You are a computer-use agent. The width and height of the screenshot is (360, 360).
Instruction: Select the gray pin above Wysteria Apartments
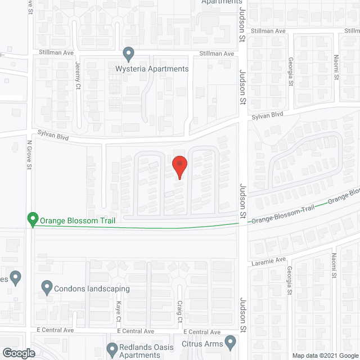[129, 55]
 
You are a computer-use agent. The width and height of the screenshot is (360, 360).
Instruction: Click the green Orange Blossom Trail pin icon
[33, 219]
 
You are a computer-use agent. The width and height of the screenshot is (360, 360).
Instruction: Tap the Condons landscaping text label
[92, 289]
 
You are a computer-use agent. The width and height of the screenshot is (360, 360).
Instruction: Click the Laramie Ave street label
[269, 260]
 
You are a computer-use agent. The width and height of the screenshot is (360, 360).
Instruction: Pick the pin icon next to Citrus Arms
[230, 341]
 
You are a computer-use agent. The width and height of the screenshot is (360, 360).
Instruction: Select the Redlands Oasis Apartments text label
[148, 351]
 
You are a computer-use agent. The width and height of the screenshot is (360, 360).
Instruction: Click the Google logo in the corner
[18, 353]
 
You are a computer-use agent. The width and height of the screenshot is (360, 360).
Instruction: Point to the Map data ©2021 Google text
[324, 355]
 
